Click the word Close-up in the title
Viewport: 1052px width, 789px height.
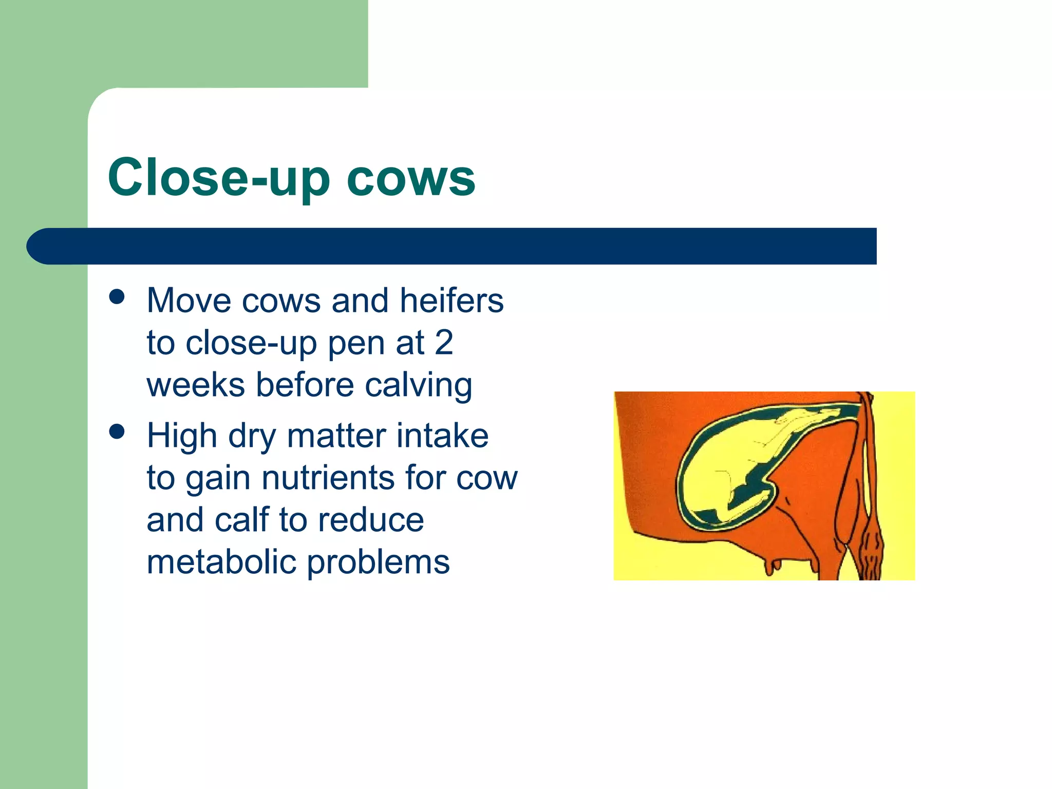coord(218,178)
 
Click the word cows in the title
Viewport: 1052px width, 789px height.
coord(411,178)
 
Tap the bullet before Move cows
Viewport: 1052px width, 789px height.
coord(117,297)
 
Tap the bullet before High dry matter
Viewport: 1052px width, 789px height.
coord(117,431)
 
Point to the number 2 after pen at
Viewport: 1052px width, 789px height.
coord(444,343)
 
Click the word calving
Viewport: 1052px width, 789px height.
coord(418,385)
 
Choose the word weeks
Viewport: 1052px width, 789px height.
coord(196,385)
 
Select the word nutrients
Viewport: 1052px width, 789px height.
coord(328,478)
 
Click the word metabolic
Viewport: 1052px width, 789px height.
coord(222,562)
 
